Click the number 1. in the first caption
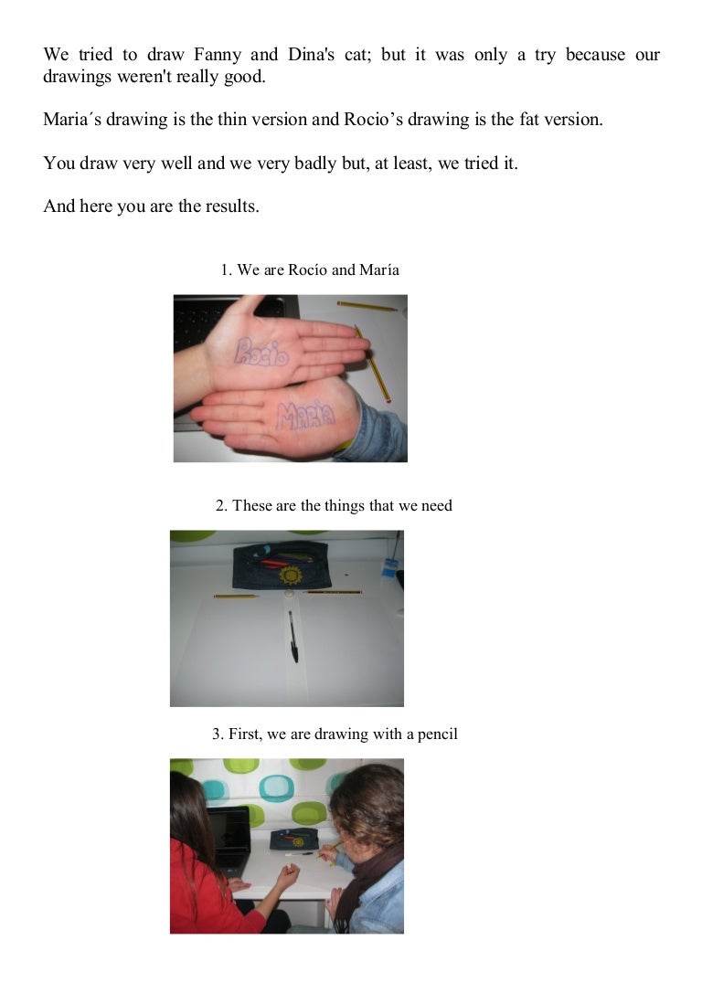(x=226, y=269)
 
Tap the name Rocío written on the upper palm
(x=261, y=352)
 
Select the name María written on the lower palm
(x=306, y=416)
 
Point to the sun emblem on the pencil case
(x=291, y=575)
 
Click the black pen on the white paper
(x=293, y=637)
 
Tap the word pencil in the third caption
(x=437, y=734)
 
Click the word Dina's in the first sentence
(x=311, y=55)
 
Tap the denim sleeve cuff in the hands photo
(x=374, y=428)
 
